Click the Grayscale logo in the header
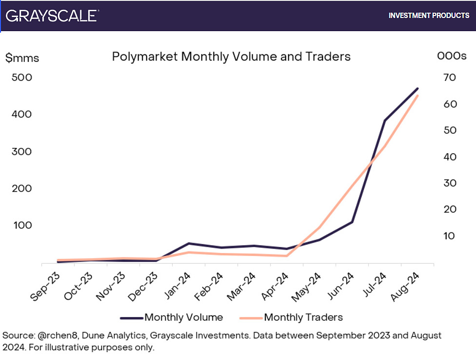pos(51,15)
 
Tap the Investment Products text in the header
pos(429,16)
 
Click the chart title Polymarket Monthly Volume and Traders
pos(231,56)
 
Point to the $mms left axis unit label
pos(22,58)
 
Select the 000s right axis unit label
pos(452,56)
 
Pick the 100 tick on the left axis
pos(22,225)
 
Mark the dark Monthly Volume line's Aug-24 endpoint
pos(418,89)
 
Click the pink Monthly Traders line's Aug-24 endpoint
pos(418,96)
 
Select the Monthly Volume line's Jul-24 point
pos(384,120)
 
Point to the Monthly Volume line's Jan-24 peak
pos(189,243)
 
